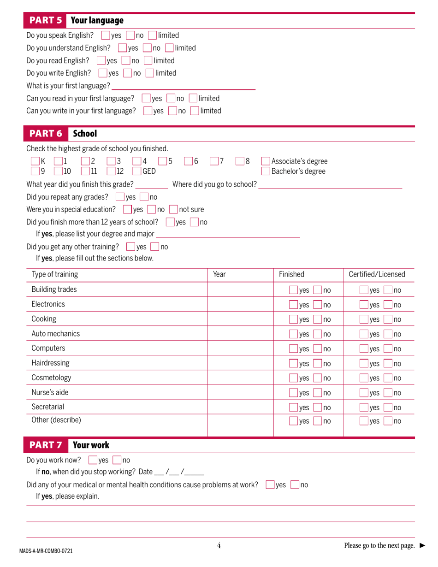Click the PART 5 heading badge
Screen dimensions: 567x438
(x=45, y=20)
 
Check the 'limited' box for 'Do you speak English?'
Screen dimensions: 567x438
(x=152, y=35)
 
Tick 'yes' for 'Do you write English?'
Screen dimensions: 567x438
(x=103, y=73)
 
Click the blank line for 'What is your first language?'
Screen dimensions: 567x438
(x=183, y=86)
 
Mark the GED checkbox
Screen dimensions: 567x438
(x=137, y=171)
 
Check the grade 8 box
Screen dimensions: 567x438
(x=240, y=161)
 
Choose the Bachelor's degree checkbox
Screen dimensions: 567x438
(x=266, y=171)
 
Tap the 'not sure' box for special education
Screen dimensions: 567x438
(x=173, y=210)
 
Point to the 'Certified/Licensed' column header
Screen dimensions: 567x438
(x=377, y=275)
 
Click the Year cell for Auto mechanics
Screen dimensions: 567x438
(x=240, y=334)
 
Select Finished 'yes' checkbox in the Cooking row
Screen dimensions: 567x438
(x=293, y=319)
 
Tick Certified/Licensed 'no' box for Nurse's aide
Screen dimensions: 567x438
(x=388, y=393)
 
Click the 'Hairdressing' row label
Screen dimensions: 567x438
(x=50, y=363)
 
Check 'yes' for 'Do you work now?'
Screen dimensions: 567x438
(x=92, y=460)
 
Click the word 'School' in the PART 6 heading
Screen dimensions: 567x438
(x=85, y=134)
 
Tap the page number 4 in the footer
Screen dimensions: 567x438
(x=219, y=546)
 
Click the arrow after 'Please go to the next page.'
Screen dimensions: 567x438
(x=422, y=546)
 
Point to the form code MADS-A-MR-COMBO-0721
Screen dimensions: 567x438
(x=46, y=551)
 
